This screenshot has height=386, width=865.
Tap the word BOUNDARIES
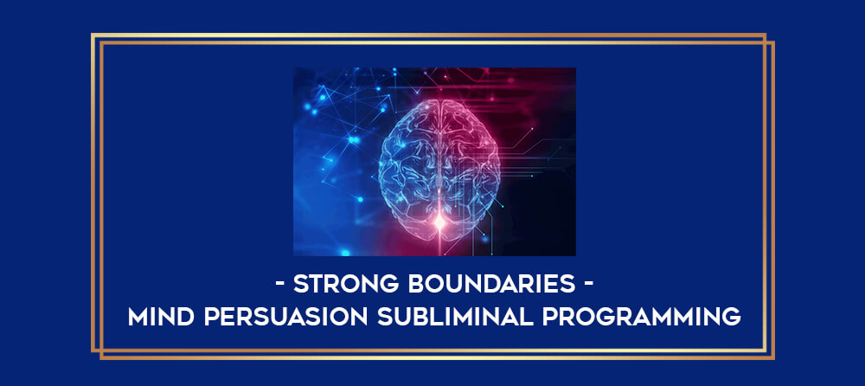pyautogui.click(x=492, y=284)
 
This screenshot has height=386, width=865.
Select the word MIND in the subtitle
pyautogui.click(x=161, y=317)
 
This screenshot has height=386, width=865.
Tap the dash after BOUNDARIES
pyautogui.click(x=588, y=285)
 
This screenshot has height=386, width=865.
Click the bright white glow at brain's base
pyautogui.click(x=439, y=222)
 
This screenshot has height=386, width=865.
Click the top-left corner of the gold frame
pyautogui.click(x=92, y=35)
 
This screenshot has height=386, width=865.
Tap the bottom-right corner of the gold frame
pyautogui.click(x=773, y=358)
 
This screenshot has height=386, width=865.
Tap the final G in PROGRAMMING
pyautogui.click(x=732, y=317)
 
